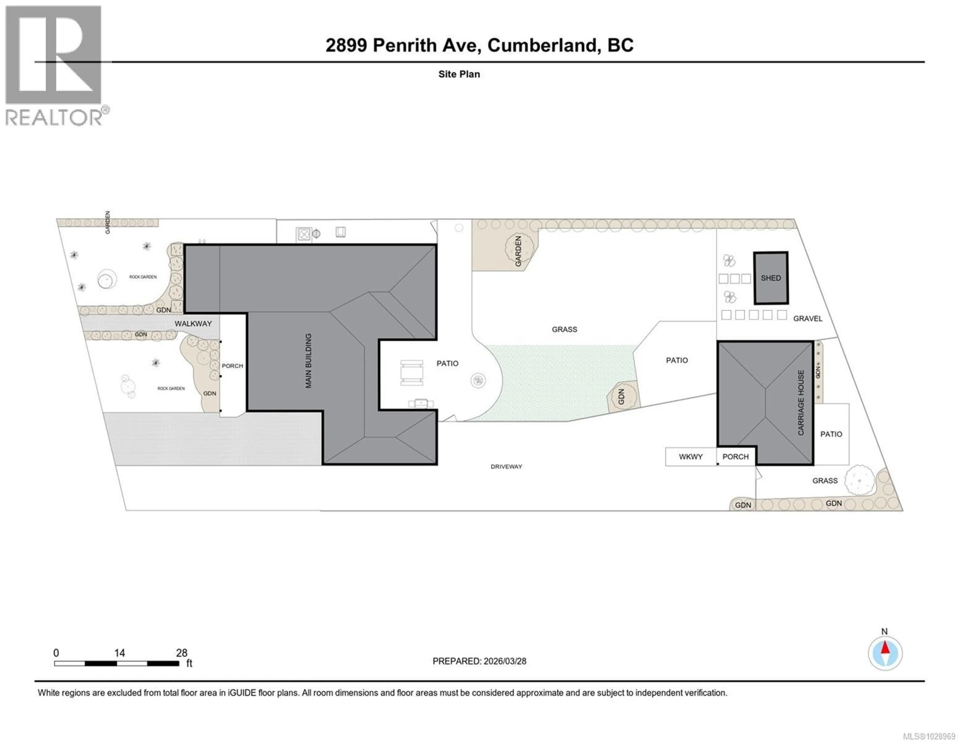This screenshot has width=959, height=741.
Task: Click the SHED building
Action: pos(771,278)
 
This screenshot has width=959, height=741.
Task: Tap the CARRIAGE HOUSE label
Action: pos(801,402)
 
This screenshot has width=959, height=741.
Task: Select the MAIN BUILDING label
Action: pos(308,361)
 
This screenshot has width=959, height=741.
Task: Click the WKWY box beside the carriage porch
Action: pos(691,457)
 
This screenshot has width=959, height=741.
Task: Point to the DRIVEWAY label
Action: pos(506,467)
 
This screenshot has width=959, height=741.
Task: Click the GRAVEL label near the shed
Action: pos(807,318)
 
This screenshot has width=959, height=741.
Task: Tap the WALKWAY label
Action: pos(193,324)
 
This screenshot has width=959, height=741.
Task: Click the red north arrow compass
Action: pos(885,653)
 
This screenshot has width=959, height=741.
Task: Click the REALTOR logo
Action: pos(54,66)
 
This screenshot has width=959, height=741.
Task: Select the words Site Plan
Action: pos(459,74)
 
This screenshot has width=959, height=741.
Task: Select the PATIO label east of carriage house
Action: pos(831,434)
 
